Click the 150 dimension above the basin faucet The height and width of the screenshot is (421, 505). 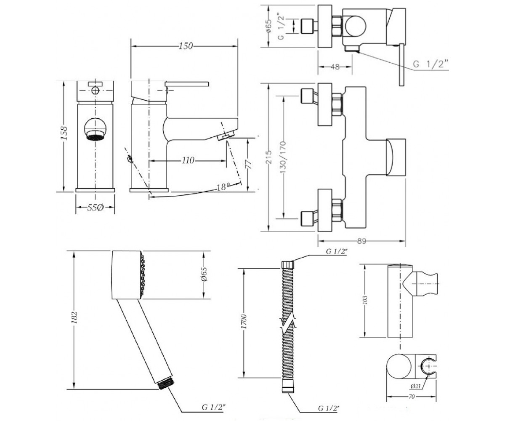[x=186, y=46]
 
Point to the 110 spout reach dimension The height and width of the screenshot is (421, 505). [x=188, y=160]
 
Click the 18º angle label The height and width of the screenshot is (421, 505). [x=223, y=187]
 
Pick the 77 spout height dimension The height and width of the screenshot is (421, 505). [x=248, y=164]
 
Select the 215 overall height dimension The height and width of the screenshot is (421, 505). [x=268, y=157]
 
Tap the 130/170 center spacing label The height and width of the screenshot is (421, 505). [x=282, y=157]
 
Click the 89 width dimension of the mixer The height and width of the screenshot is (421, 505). [x=361, y=241]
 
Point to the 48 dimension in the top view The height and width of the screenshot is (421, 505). [x=335, y=67]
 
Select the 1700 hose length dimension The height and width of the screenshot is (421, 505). [x=243, y=322]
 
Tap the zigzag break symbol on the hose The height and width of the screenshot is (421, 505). [x=288, y=325]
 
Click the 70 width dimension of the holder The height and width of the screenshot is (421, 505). [x=412, y=403]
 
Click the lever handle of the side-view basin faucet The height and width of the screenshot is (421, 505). [x=187, y=84]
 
